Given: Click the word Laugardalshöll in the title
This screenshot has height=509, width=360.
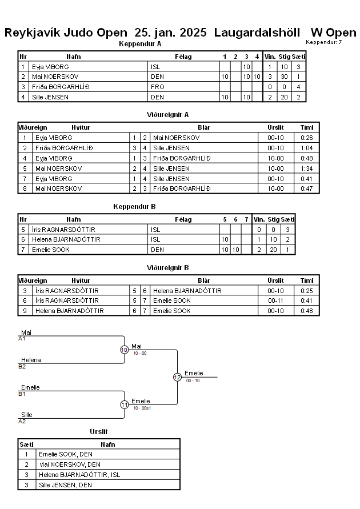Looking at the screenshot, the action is (257, 33).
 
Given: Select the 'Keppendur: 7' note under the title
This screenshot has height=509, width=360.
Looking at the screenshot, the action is (323, 42).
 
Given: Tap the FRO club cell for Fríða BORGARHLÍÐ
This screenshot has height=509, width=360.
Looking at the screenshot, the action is (158, 87).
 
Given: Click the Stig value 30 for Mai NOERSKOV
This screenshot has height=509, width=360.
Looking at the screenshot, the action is (284, 77).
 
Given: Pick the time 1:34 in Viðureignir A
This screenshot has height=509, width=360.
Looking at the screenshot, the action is (306, 169).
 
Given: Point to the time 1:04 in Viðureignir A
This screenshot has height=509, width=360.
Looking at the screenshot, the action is (306, 148).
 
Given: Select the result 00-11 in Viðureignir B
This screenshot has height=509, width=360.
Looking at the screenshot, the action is (275, 300).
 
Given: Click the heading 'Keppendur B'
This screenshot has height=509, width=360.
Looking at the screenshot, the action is (134, 207).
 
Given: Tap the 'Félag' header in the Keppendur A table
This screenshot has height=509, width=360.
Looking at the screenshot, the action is (183, 57).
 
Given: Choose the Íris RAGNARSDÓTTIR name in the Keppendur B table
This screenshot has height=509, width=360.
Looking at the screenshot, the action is (63, 230).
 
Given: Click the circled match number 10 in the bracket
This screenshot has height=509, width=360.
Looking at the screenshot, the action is (125, 350).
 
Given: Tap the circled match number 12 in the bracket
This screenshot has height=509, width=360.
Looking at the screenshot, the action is (177, 377).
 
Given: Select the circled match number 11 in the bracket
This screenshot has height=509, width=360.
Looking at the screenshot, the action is (125, 404).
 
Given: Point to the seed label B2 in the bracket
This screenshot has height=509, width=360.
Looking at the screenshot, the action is (22, 367).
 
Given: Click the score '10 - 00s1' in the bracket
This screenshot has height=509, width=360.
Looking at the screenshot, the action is (142, 408).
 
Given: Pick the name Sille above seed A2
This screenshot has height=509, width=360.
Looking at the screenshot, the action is (27, 415).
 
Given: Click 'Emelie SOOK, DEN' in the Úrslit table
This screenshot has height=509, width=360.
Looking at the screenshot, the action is (66, 455).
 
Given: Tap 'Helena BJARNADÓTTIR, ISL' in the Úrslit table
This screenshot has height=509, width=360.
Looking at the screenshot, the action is (79, 475).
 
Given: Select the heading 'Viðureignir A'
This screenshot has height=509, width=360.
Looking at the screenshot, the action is (167, 115).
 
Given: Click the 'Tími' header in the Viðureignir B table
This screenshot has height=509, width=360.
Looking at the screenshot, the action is (307, 281).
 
